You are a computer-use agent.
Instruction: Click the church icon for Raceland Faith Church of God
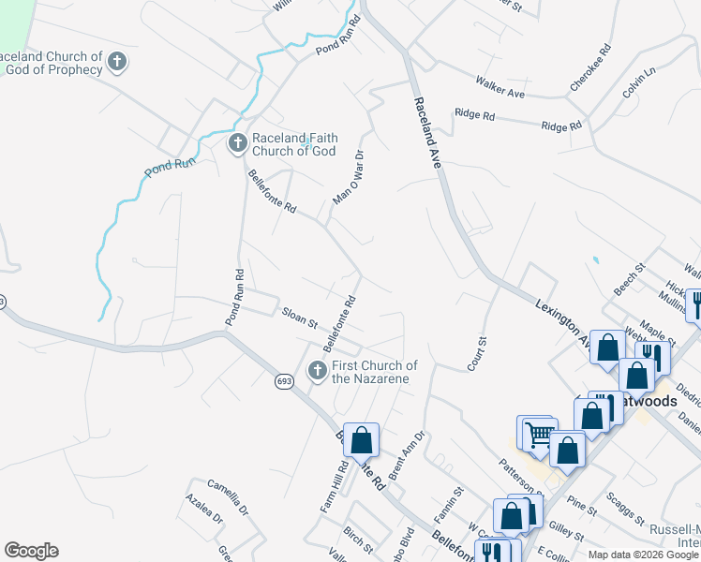237,143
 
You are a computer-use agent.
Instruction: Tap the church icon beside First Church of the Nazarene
318,372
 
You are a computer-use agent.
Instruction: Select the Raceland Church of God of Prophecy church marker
117,63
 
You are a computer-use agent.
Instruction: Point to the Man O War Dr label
349,177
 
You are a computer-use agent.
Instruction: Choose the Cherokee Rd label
590,67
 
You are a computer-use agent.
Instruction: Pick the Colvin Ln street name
639,81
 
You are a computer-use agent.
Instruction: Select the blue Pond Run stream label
170,167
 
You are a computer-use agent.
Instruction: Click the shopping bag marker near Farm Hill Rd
361,440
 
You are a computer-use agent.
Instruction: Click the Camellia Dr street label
229,497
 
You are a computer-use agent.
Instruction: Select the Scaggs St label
624,507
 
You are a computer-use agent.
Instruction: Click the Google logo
31,551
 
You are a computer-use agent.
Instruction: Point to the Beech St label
629,280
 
